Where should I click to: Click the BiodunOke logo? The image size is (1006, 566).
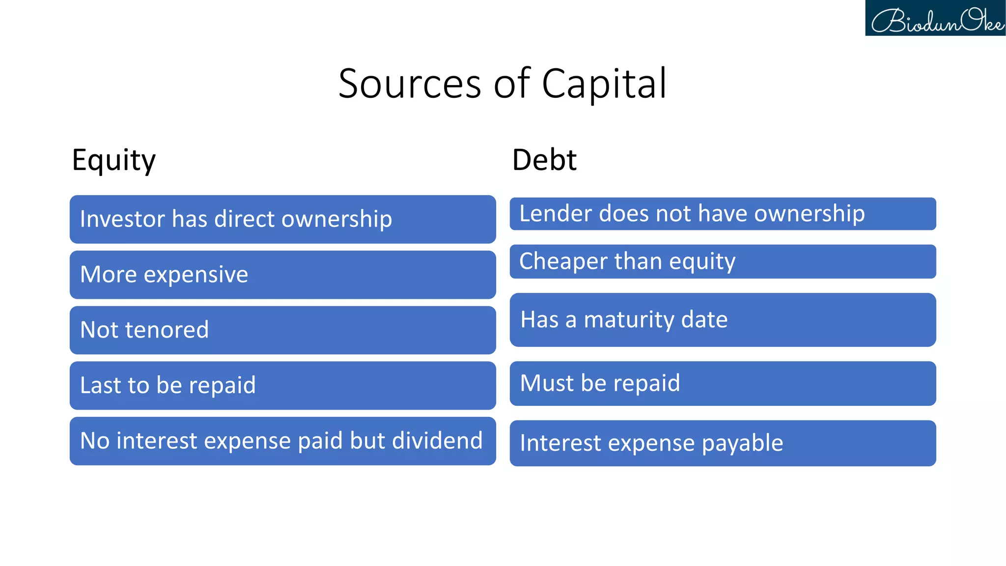pyautogui.click(x=935, y=18)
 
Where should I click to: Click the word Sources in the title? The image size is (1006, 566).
pyautogui.click(x=410, y=84)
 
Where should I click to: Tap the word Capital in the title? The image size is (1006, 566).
pyautogui.click(x=604, y=84)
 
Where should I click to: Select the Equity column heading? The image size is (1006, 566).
pyautogui.click(x=113, y=160)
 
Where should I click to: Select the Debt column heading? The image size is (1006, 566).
pyautogui.click(x=544, y=160)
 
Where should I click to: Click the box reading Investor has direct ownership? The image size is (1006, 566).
pyautogui.click(x=282, y=219)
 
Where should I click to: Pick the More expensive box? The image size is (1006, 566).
pyautogui.click(x=282, y=275)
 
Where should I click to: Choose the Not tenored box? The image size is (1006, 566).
pyautogui.click(x=282, y=330)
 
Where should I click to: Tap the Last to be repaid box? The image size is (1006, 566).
pyautogui.click(x=282, y=386)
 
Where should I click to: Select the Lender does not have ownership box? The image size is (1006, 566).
pyautogui.click(x=723, y=214)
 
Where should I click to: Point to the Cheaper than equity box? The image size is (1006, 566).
pyautogui.click(x=723, y=261)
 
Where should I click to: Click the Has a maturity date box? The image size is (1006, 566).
pyautogui.click(x=723, y=320)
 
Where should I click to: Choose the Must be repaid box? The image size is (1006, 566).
pyautogui.click(x=723, y=383)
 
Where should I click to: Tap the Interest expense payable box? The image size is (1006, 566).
pyautogui.click(x=723, y=443)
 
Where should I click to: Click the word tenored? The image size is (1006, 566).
pyautogui.click(x=167, y=330)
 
